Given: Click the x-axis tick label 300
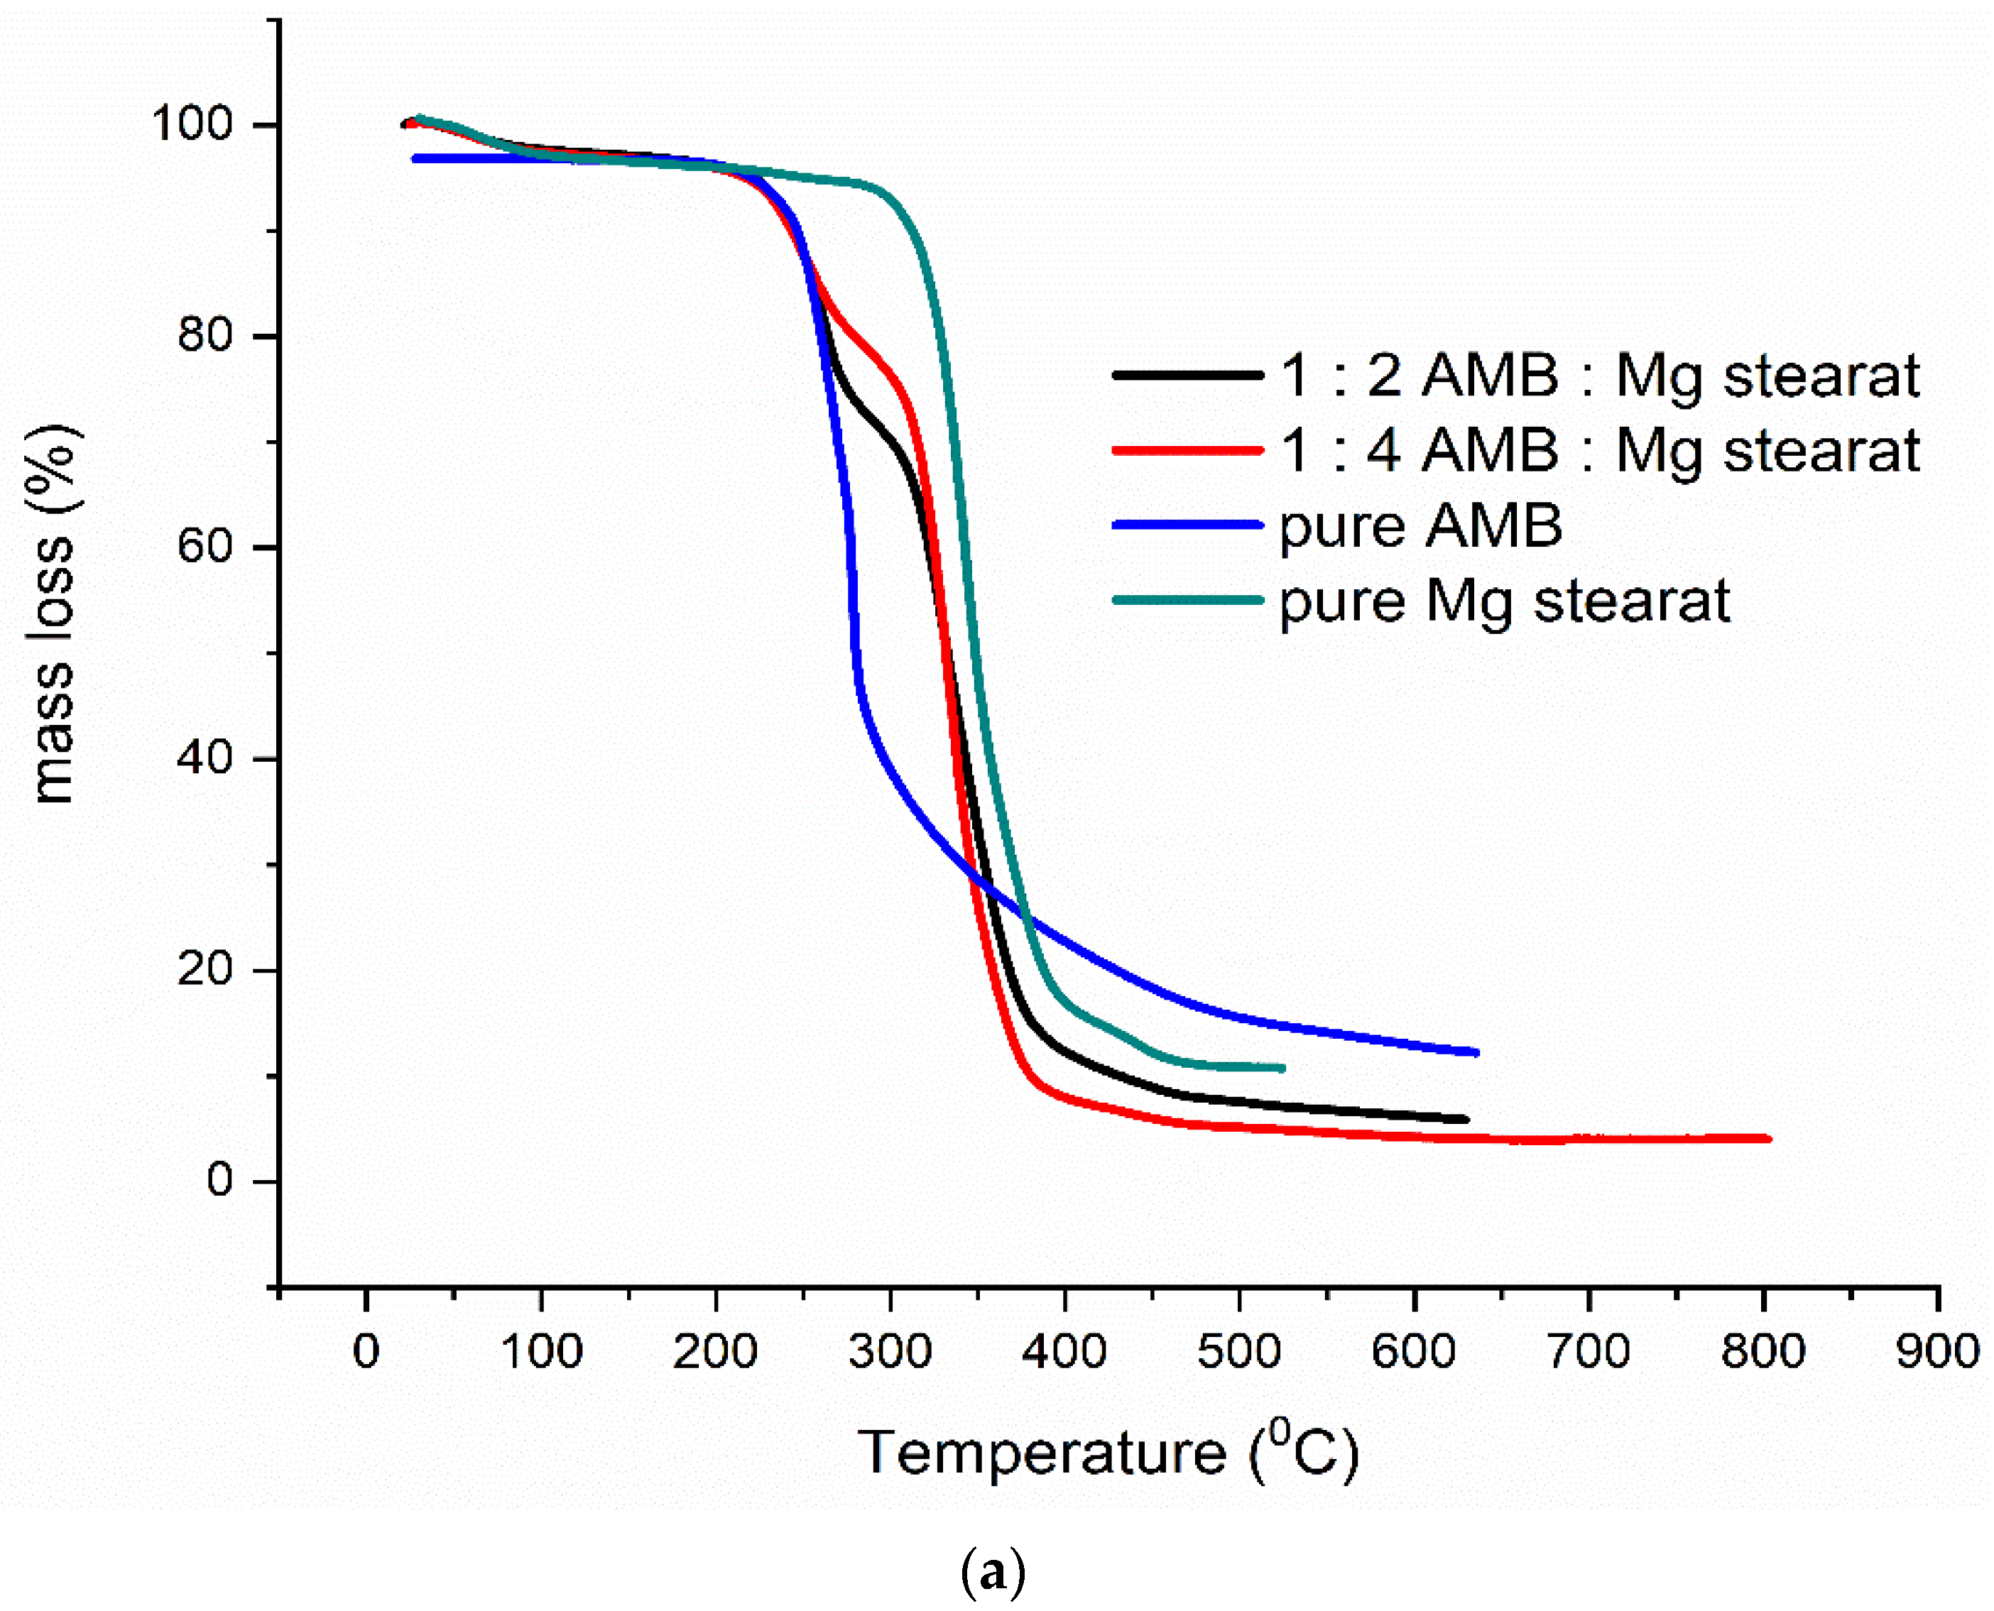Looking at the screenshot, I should click(890, 1351).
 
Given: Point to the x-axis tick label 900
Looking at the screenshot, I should click(1937, 1351).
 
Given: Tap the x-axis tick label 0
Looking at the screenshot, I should click(366, 1351).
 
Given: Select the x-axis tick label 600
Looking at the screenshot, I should click(1413, 1351).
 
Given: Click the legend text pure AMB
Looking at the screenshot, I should click(1420, 526).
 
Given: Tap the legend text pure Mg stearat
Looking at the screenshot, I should click(1504, 601).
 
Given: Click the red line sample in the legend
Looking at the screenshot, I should click(1188, 451).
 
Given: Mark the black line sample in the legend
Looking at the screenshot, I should click(1188, 375).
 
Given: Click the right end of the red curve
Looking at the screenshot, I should click(1767, 1139).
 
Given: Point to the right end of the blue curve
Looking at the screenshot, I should click(1476, 1052).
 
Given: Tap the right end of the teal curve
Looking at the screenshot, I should click(1282, 1068).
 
